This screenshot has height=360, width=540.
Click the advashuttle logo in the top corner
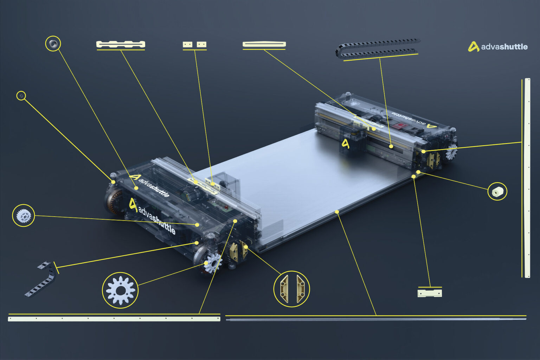[x=497, y=46]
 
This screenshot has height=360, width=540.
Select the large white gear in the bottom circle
[x=120, y=290]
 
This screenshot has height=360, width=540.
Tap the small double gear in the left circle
[x=24, y=215]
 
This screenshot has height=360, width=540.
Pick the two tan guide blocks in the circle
[x=292, y=289]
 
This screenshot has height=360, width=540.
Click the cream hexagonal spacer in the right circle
[x=497, y=192]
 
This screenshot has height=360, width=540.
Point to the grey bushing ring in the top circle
[x=53, y=44]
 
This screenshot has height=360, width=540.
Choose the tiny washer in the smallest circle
[x=21, y=96]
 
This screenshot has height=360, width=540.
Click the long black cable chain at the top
[x=378, y=48]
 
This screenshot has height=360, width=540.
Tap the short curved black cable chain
[x=41, y=279]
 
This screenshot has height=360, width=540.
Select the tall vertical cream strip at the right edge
[x=527, y=178]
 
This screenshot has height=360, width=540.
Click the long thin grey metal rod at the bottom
[x=376, y=320]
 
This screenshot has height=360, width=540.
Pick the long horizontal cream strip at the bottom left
[x=114, y=319]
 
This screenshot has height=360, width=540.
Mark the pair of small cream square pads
[x=194, y=44]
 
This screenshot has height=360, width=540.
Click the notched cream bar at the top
[x=121, y=44]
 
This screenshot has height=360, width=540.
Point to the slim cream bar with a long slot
[x=264, y=44]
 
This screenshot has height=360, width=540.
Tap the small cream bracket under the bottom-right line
[x=430, y=293]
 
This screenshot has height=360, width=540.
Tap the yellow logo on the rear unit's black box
[x=346, y=144]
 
